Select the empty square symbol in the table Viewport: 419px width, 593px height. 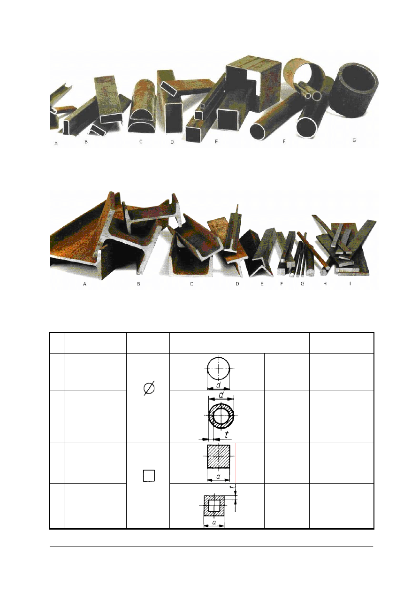[x=148, y=476]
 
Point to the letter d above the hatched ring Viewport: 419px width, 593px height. [x=221, y=396]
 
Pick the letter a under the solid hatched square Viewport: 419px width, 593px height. [x=218, y=476]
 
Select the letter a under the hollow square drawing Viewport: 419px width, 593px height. [x=213, y=522]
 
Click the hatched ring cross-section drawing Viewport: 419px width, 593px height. [x=220, y=416]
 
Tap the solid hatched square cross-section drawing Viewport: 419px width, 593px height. [x=218, y=456]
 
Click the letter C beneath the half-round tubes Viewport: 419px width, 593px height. [x=140, y=141]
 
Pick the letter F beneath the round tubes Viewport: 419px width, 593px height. [x=284, y=141]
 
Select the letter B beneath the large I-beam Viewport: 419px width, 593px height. [x=138, y=284]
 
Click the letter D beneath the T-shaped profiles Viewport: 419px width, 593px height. [x=237, y=284]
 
